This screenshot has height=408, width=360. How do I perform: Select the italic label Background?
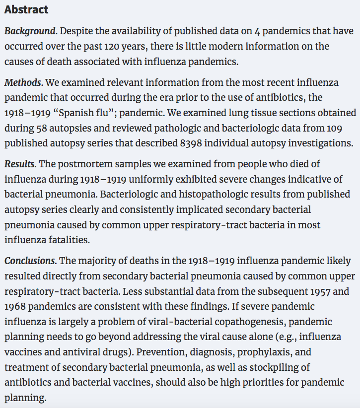(31, 31)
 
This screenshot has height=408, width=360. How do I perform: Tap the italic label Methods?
(23, 82)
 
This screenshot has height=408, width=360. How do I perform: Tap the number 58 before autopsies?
(42, 129)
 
